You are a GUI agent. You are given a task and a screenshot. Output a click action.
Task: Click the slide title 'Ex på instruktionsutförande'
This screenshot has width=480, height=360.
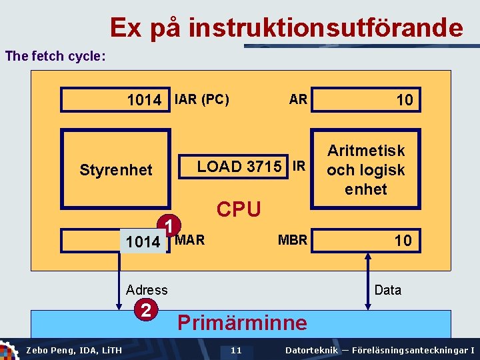[x=286, y=27]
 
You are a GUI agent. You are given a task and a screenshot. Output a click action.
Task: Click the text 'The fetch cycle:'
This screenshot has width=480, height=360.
[x=55, y=56]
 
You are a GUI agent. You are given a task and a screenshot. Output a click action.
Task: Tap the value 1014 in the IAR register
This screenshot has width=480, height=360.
[x=144, y=100]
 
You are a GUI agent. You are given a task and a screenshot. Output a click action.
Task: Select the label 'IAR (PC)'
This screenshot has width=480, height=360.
[x=201, y=99]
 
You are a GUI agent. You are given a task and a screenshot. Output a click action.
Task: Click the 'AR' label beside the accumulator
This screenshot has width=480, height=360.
[x=298, y=99]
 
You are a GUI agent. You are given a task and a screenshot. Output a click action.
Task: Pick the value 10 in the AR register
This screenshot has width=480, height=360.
[x=404, y=100]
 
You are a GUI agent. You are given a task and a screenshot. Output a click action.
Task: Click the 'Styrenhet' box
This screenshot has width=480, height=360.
[x=115, y=170]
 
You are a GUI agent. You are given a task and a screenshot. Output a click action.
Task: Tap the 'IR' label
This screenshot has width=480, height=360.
[x=299, y=166]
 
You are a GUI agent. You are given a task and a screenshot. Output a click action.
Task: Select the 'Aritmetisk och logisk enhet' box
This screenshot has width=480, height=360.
[x=365, y=170]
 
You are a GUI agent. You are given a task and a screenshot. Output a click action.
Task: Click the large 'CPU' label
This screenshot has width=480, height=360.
[x=239, y=209]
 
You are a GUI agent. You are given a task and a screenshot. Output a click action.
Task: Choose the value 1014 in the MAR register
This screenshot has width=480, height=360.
[x=143, y=241]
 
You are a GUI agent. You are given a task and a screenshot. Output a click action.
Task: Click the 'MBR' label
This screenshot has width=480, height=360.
[x=292, y=239]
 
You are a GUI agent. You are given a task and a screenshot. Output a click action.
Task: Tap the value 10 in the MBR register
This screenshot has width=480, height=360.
[x=403, y=240]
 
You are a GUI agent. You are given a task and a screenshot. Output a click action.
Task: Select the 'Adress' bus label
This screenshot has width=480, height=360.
[x=147, y=289]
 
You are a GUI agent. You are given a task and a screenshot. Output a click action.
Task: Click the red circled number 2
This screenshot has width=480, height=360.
[x=145, y=310]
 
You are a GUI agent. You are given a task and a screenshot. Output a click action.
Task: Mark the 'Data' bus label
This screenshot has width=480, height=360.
[x=388, y=289]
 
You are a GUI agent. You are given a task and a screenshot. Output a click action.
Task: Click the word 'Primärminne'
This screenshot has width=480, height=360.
[x=242, y=323]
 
